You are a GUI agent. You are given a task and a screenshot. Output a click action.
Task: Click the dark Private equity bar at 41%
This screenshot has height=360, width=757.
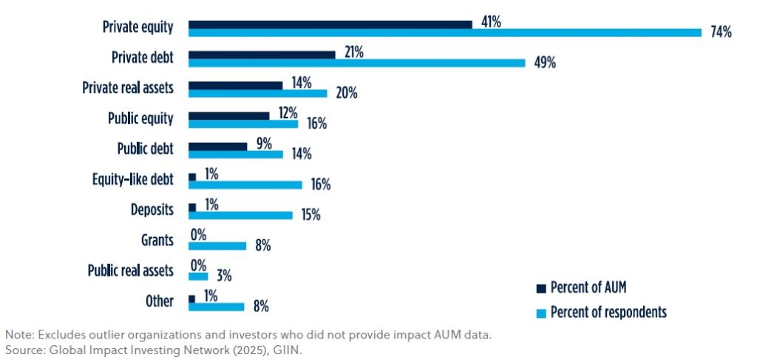coord(330,24)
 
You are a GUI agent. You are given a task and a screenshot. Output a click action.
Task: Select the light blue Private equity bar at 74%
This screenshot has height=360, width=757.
coord(444,32)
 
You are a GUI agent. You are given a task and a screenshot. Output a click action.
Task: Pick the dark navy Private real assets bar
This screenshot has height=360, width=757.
coord(235,85)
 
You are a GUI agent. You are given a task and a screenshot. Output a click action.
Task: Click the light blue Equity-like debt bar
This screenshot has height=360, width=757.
coord(245,184)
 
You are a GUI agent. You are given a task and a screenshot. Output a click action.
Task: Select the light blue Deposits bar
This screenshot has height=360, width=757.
coord(240,215)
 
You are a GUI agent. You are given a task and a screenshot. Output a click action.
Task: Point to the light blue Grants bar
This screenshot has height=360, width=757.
coord(217,245)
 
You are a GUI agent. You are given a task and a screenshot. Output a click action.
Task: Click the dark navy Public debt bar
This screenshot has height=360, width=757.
coord(217,146)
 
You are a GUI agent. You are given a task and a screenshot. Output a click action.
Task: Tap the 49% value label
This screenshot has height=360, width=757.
coord(545,63)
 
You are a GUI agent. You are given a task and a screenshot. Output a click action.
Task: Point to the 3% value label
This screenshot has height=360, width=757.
coord(224,276)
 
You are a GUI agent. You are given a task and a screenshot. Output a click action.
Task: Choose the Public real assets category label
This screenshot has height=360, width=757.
coord(130,271)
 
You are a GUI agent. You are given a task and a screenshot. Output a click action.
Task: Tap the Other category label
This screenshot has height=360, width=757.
coord(160,301)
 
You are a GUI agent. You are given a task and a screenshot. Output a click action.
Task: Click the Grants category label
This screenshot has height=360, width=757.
coord(158,240)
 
